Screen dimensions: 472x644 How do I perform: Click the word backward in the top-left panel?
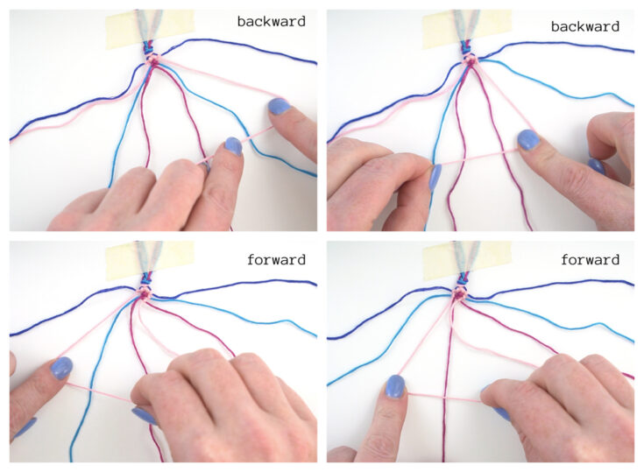pyautogui.click(x=272, y=21)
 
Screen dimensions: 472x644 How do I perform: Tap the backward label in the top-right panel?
pyautogui.click(x=585, y=26)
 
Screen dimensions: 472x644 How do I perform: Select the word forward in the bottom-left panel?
pyautogui.click(x=277, y=259)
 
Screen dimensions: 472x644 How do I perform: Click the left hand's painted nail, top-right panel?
pyautogui.click(x=435, y=177)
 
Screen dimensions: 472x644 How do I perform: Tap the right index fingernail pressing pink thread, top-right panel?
pyautogui.click(x=528, y=139)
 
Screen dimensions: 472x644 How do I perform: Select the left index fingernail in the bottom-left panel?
pyautogui.click(x=61, y=367)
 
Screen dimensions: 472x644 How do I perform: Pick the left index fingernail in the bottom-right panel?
pyautogui.click(x=395, y=385)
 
